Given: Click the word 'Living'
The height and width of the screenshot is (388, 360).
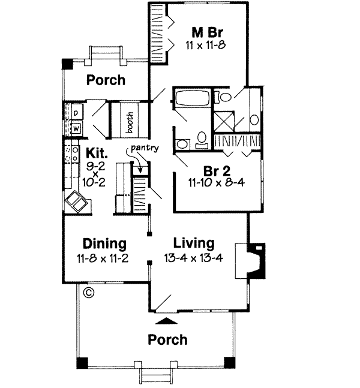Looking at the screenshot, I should click(x=193, y=243).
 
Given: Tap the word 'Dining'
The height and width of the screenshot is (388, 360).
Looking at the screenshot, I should click(x=104, y=244).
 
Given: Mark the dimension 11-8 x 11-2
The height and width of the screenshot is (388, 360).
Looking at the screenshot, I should click(x=104, y=258).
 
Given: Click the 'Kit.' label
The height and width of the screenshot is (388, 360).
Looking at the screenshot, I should click(x=95, y=153).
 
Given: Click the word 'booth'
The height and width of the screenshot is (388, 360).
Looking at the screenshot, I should click(x=130, y=122).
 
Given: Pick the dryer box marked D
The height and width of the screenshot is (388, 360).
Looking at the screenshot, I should click(x=77, y=112).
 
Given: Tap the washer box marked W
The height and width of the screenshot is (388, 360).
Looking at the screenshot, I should click(x=77, y=127).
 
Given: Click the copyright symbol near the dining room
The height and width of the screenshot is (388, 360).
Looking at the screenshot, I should click(x=89, y=293).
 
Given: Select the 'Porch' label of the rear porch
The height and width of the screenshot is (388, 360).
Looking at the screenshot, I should click(x=106, y=80).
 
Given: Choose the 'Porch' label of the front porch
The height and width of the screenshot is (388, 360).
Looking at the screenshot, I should click(x=168, y=340).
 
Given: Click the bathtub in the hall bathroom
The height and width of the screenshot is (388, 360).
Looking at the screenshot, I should click(x=191, y=98).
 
